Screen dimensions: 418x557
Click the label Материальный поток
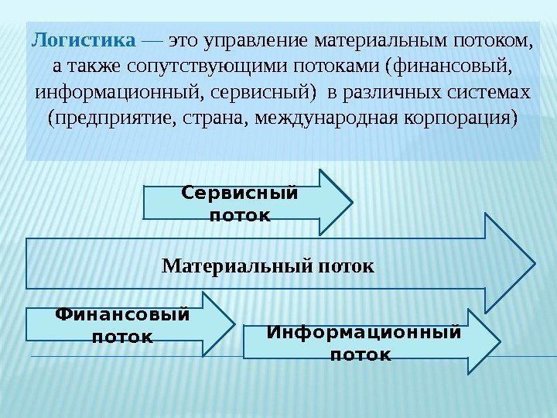[x=268, y=267]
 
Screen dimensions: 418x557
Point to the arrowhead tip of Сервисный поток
[x=353, y=203]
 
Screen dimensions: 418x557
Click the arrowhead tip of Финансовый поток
[x=234, y=324]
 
